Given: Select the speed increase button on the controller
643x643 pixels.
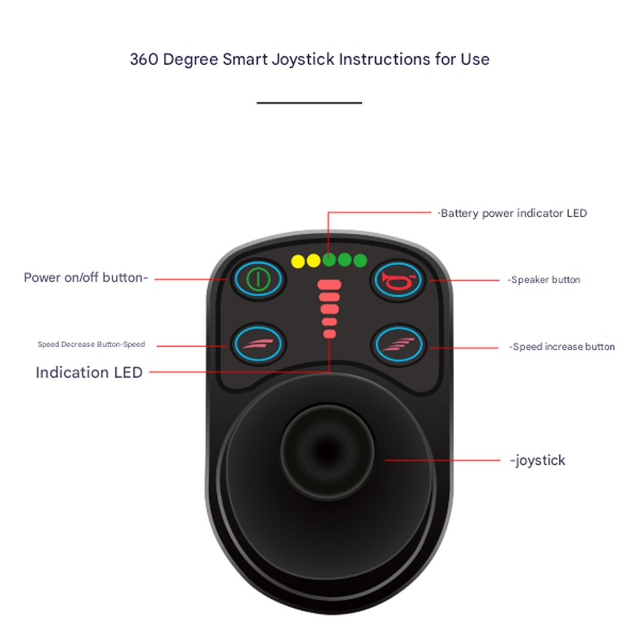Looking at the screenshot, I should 397,345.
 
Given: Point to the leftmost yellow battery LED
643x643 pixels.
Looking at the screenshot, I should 297,261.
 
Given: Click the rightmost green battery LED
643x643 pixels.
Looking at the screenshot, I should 360,261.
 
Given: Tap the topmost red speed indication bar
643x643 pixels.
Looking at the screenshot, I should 330,285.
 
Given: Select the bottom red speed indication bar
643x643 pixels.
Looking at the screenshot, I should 330,333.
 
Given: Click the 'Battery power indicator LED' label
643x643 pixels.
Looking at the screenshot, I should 513,214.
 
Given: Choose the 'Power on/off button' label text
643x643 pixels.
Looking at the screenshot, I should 86,278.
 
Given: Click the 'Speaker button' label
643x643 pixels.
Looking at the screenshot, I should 545,280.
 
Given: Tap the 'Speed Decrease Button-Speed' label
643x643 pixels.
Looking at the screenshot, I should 91,345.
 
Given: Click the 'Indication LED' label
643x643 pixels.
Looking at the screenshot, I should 89,372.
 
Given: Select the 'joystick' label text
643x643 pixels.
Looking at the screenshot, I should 538,460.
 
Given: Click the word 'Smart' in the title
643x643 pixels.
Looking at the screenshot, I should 243,59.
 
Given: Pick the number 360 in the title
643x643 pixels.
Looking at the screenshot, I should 144,59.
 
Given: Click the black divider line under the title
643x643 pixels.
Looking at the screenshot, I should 309,103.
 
